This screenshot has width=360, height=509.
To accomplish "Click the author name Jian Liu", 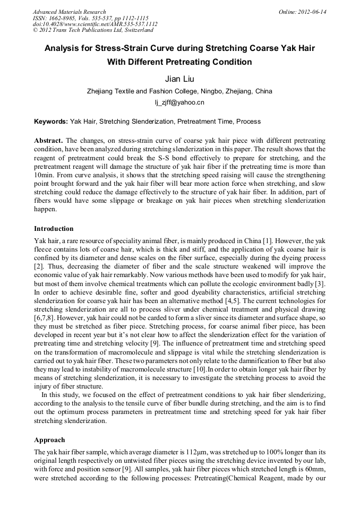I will [x=179, y=79].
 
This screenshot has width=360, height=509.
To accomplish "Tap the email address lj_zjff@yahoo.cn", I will [x=179, y=102].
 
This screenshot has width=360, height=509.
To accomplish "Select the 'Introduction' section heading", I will [x=54, y=229].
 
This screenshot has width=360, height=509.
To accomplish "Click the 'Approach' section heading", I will [x=49, y=440].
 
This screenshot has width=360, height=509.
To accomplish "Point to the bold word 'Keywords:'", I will [x=51, y=122].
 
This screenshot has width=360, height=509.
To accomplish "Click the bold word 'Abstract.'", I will [x=49, y=140].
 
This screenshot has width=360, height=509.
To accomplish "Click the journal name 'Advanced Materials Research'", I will [x=69, y=12].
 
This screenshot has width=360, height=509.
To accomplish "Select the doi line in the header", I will [x=95, y=24].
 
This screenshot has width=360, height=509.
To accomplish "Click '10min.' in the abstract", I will [x=45, y=173].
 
